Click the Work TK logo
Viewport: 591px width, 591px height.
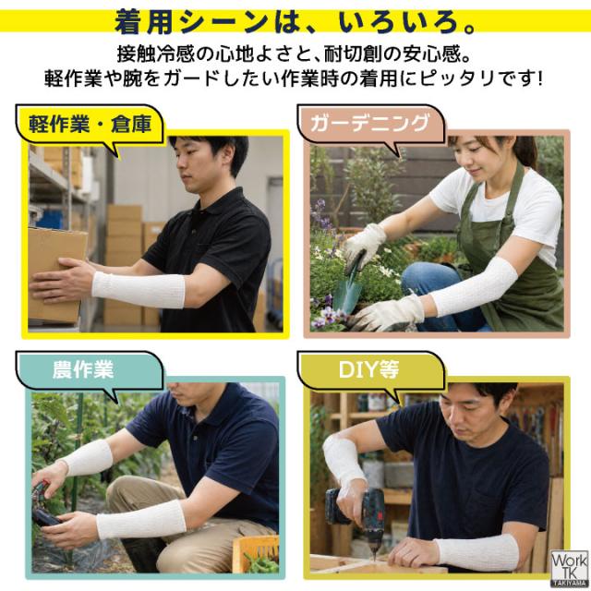pyautogui.click(x=570, y=570)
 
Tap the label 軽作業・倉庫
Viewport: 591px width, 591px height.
pyautogui.click(x=90, y=124)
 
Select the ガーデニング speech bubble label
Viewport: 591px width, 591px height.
pyautogui.click(x=369, y=123)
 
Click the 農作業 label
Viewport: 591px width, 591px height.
pyautogui.click(x=83, y=369)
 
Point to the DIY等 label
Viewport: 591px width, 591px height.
pyautogui.click(x=368, y=369)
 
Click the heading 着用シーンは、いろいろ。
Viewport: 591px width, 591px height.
pyautogui.click(x=296, y=21)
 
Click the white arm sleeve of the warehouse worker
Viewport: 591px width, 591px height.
pyautogui.click(x=139, y=289)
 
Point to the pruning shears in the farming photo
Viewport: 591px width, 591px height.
pyautogui.click(x=45, y=505)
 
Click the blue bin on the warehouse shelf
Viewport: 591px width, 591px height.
pyautogui.click(x=48, y=220)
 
